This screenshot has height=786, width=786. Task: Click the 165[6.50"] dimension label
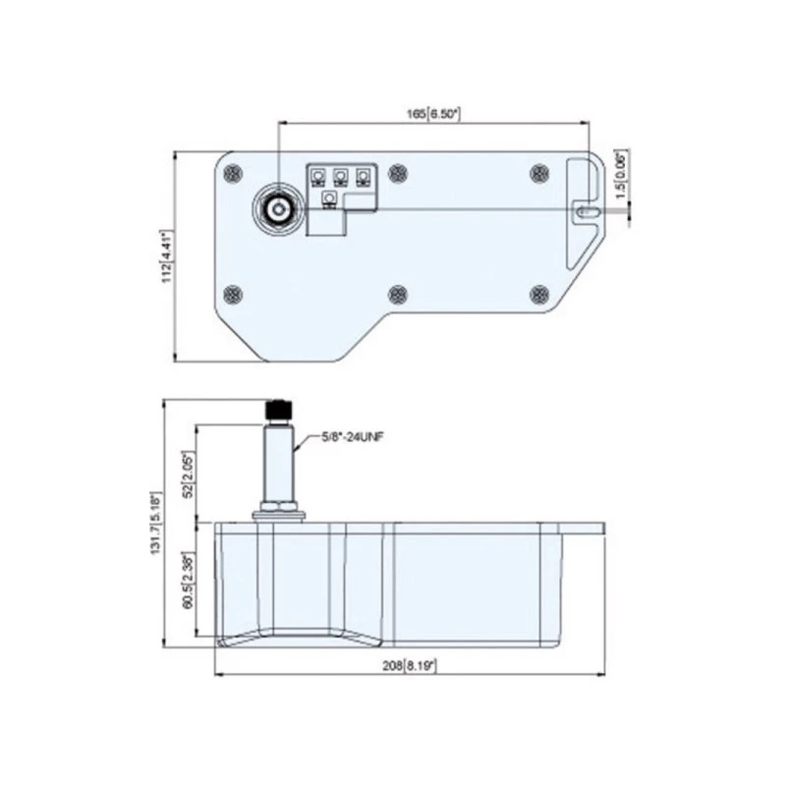point(433,115)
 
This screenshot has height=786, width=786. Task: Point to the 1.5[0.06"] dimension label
point(619,177)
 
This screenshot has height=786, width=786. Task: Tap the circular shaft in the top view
point(278,209)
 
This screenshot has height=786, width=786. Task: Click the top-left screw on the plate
point(232,174)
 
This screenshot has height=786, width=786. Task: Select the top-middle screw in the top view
point(398,174)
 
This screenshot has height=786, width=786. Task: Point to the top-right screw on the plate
point(538,174)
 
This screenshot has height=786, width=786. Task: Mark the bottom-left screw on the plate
point(232,294)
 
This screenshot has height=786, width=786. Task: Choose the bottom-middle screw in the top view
point(398,294)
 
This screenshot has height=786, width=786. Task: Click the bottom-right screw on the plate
point(538,294)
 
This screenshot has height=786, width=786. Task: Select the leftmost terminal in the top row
point(318,178)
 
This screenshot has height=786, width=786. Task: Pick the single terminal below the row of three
point(329,200)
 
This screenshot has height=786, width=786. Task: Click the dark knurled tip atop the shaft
point(278,409)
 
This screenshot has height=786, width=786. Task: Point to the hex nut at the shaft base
point(278,511)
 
